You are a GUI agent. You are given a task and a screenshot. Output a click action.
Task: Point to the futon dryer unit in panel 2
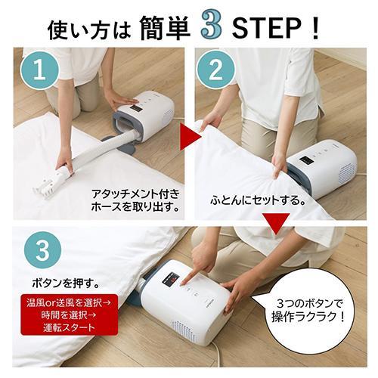point(318,167)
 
